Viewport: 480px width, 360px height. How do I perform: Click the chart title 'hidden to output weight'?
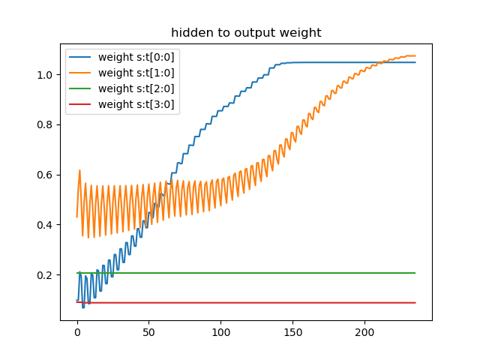click(245, 33)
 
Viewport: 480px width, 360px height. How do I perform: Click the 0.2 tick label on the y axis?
click(46, 275)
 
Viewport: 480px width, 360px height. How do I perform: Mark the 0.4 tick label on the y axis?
click(46, 225)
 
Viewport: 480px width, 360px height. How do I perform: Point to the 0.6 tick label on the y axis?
click(46, 175)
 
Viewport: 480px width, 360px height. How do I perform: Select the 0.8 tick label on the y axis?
click(46, 124)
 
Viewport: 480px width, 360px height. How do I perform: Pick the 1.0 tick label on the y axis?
click(46, 74)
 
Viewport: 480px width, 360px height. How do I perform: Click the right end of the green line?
click(415, 273)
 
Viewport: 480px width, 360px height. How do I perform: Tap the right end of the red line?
click(415, 303)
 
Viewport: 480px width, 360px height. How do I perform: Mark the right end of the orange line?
click(415, 56)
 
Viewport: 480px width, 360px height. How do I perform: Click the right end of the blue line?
click(415, 62)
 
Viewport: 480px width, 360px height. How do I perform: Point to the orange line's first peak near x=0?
click(79, 170)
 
